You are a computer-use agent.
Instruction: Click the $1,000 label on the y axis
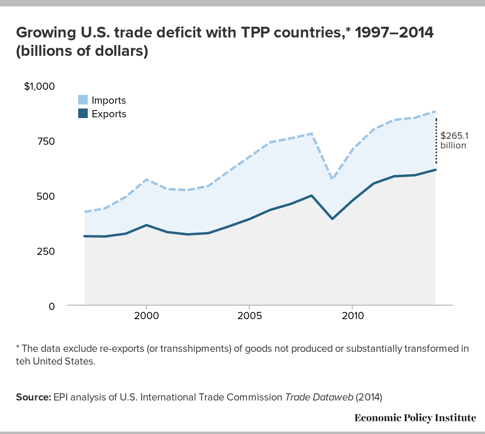(39, 87)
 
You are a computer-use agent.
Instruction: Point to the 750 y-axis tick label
(46, 142)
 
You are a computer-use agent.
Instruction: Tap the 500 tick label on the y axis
(46, 197)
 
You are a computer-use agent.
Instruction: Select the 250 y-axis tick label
(46, 252)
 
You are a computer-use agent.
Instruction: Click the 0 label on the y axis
(51, 306)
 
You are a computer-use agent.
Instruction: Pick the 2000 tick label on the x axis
(146, 316)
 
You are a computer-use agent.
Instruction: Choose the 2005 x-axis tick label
(249, 316)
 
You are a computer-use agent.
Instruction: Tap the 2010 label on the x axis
(352, 316)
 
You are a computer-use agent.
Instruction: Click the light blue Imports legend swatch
(83, 100)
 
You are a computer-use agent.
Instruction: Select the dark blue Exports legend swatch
(83, 114)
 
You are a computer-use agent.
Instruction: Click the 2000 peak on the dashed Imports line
(147, 180)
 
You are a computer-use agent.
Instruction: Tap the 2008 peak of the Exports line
(311, 195)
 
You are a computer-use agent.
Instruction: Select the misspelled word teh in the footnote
(22, 361)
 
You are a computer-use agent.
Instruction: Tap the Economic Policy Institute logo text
(415, 418)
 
